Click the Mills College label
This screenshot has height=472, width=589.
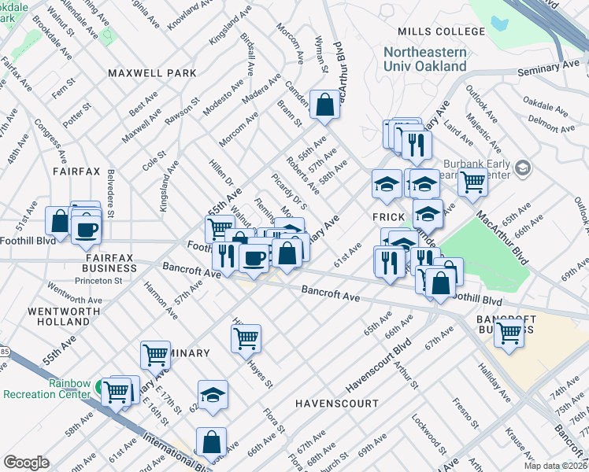[441, 31]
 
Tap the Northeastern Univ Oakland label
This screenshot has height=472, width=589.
[425, 59]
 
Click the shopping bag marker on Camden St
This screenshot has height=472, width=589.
[324, 105]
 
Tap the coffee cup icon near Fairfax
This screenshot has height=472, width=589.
[86, 229]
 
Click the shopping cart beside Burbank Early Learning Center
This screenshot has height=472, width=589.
[472, 182]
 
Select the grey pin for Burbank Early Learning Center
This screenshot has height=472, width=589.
[521, 168]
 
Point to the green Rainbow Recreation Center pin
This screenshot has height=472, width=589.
[98, 387]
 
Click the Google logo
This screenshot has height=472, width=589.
[26, 463]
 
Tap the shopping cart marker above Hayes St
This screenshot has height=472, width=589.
[246, 339]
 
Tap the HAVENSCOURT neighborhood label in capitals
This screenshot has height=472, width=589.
[332, 403]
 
